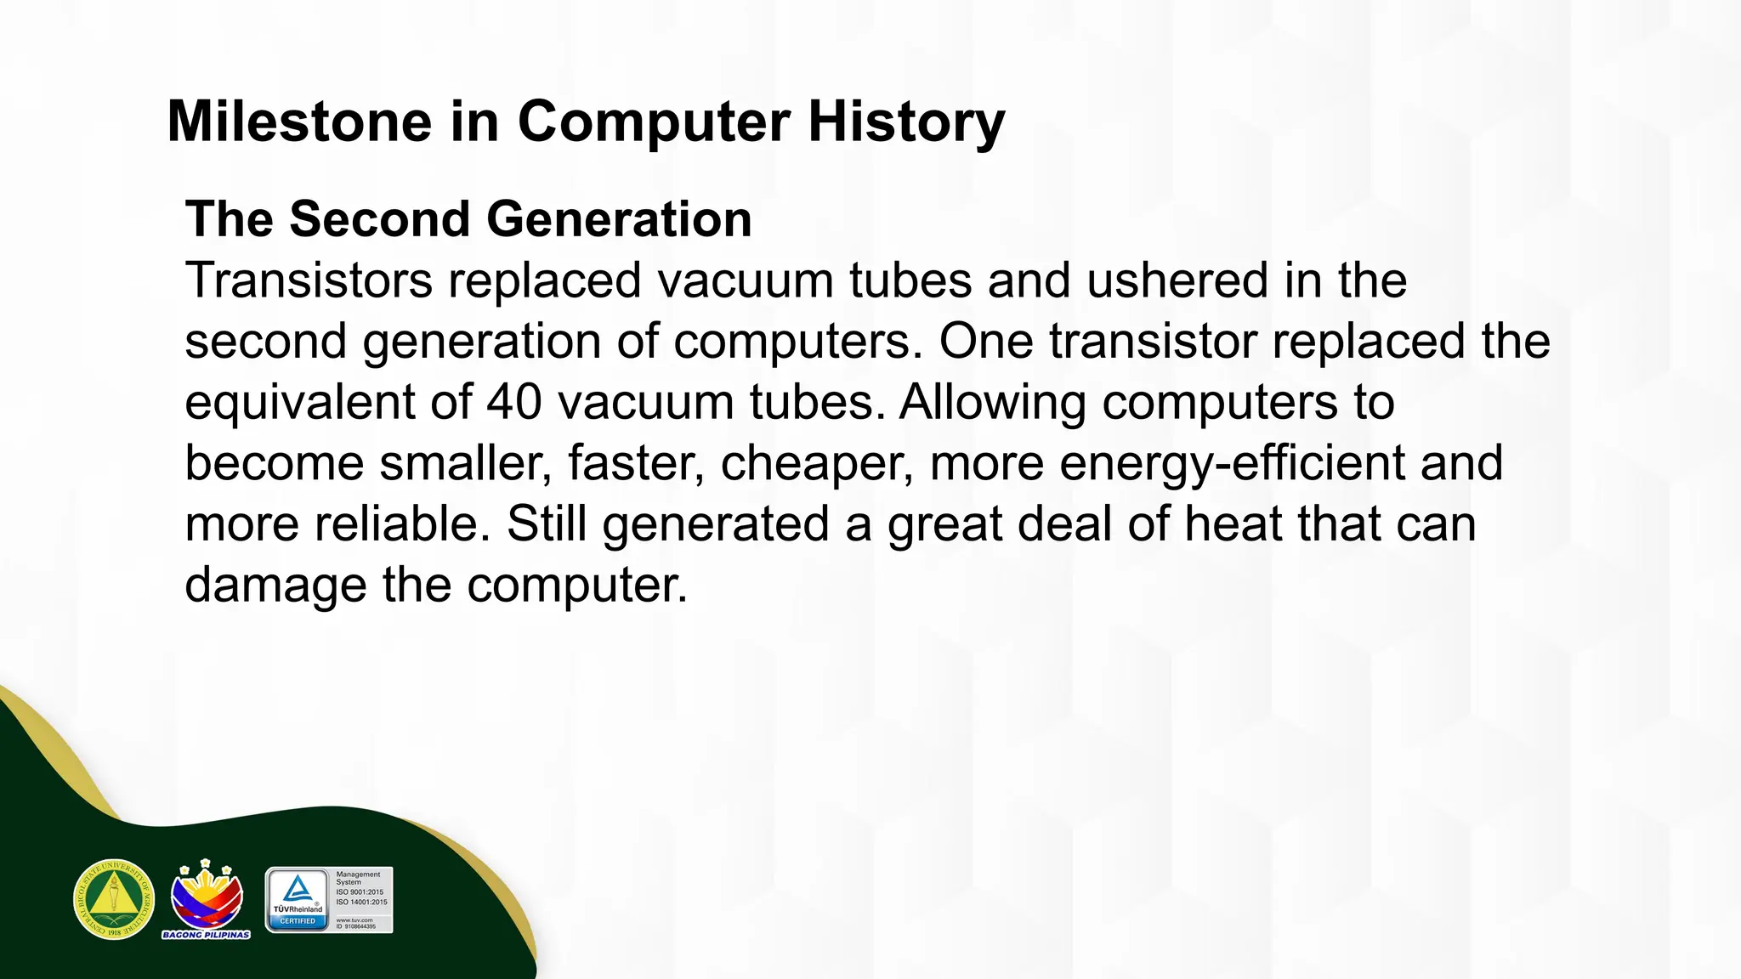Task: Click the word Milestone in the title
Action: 300,122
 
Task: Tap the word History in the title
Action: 906,122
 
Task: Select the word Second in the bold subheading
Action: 380,219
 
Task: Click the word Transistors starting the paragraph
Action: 309,280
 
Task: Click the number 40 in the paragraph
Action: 513,402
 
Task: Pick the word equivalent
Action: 299,402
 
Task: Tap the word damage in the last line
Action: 275,586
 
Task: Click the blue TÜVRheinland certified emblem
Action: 298,900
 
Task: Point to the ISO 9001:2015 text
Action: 360,892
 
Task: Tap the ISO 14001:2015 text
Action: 361,903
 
